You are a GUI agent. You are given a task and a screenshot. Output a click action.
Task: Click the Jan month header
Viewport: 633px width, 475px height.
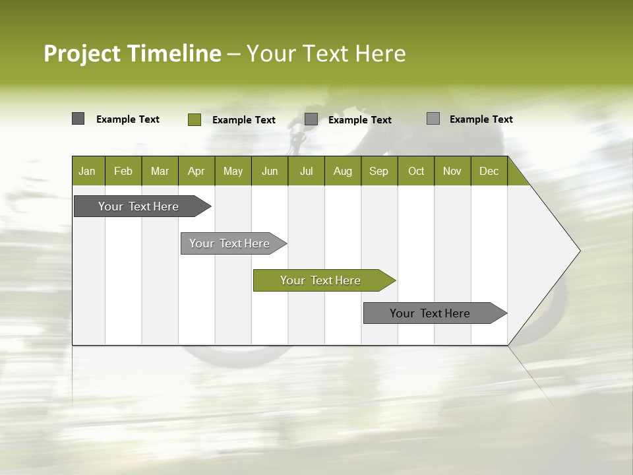pyautogui.click(x=88, y=171)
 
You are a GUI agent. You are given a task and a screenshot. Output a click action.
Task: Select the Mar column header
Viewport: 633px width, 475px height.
pyautogui.click(x=160, y=171)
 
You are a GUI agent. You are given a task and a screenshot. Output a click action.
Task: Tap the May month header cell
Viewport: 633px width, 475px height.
pyautogui.click(x=233, y=171)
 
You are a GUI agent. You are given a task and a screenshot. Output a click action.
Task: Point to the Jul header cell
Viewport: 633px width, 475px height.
pyautogui.click(x=306, y=171)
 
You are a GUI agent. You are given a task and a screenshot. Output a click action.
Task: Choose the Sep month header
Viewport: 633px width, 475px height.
pyautogui.click(x=379, y=171)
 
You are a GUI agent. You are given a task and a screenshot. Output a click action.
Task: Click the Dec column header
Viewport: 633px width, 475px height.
pyautogui.click(x=489, y=171)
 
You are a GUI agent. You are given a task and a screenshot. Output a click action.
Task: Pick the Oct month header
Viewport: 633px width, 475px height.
pyautogui.click(x=416, y=171)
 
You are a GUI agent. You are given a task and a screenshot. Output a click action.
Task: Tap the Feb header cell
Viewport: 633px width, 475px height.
pyautogui.click(x=123, y=171)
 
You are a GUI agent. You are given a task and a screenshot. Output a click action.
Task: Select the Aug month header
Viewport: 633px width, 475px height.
pyautogui.click(x=343, y=171)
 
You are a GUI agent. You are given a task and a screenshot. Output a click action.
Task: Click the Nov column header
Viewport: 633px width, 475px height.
pyautogui.click(x=452, y=171)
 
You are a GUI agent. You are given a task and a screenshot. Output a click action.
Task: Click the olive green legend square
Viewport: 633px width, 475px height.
pyautogui.click(x=195, y=119)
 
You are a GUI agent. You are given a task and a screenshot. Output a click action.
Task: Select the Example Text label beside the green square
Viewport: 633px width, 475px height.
pyautogui.click(x=244, y=120)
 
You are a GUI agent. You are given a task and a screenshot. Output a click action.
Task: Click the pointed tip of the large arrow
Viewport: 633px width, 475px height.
pyautogui.click(x=578, y=251)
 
